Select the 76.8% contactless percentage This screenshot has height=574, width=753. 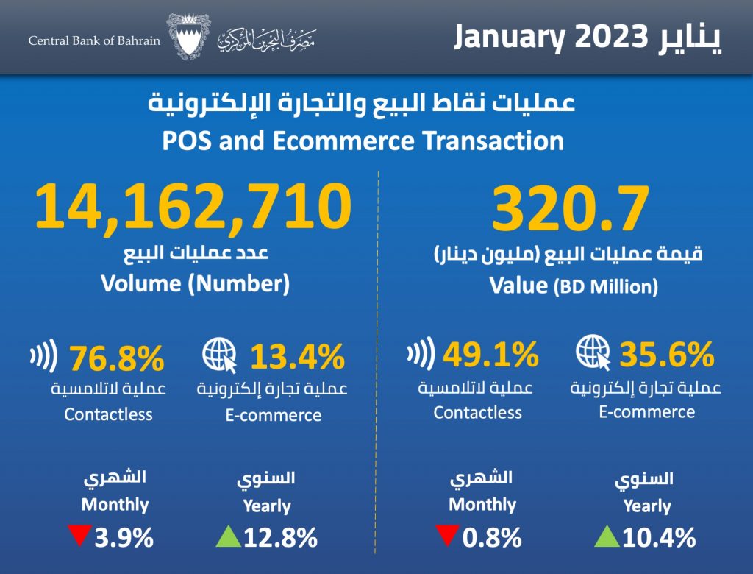(x=117, y=359)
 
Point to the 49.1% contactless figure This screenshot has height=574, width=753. (x=490, y=357)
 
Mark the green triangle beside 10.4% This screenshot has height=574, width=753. (x=607, y=537)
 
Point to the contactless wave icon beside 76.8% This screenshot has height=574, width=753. (x=43, y=358)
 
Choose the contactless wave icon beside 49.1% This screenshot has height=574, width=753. (x=420, y=355)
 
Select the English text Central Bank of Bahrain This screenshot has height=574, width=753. (x=94, y=40)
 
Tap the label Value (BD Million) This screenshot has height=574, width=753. (x=574, y=286)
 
